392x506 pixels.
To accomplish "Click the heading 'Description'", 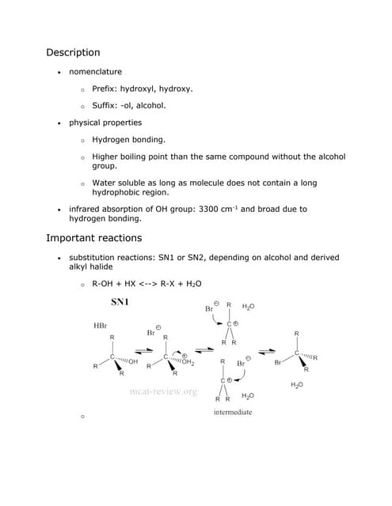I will [x=73, y=52].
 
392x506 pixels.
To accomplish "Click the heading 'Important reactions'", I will [x=94, y=238].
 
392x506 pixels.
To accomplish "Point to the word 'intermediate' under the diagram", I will [x=233, y=412].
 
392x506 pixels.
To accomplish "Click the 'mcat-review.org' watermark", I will [x=162, y=391].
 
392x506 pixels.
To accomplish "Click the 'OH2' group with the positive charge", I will [x=188, y=362].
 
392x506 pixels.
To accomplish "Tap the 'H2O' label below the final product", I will [x=297, y=384].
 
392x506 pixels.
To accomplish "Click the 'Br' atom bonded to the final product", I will [x=278, y=362].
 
